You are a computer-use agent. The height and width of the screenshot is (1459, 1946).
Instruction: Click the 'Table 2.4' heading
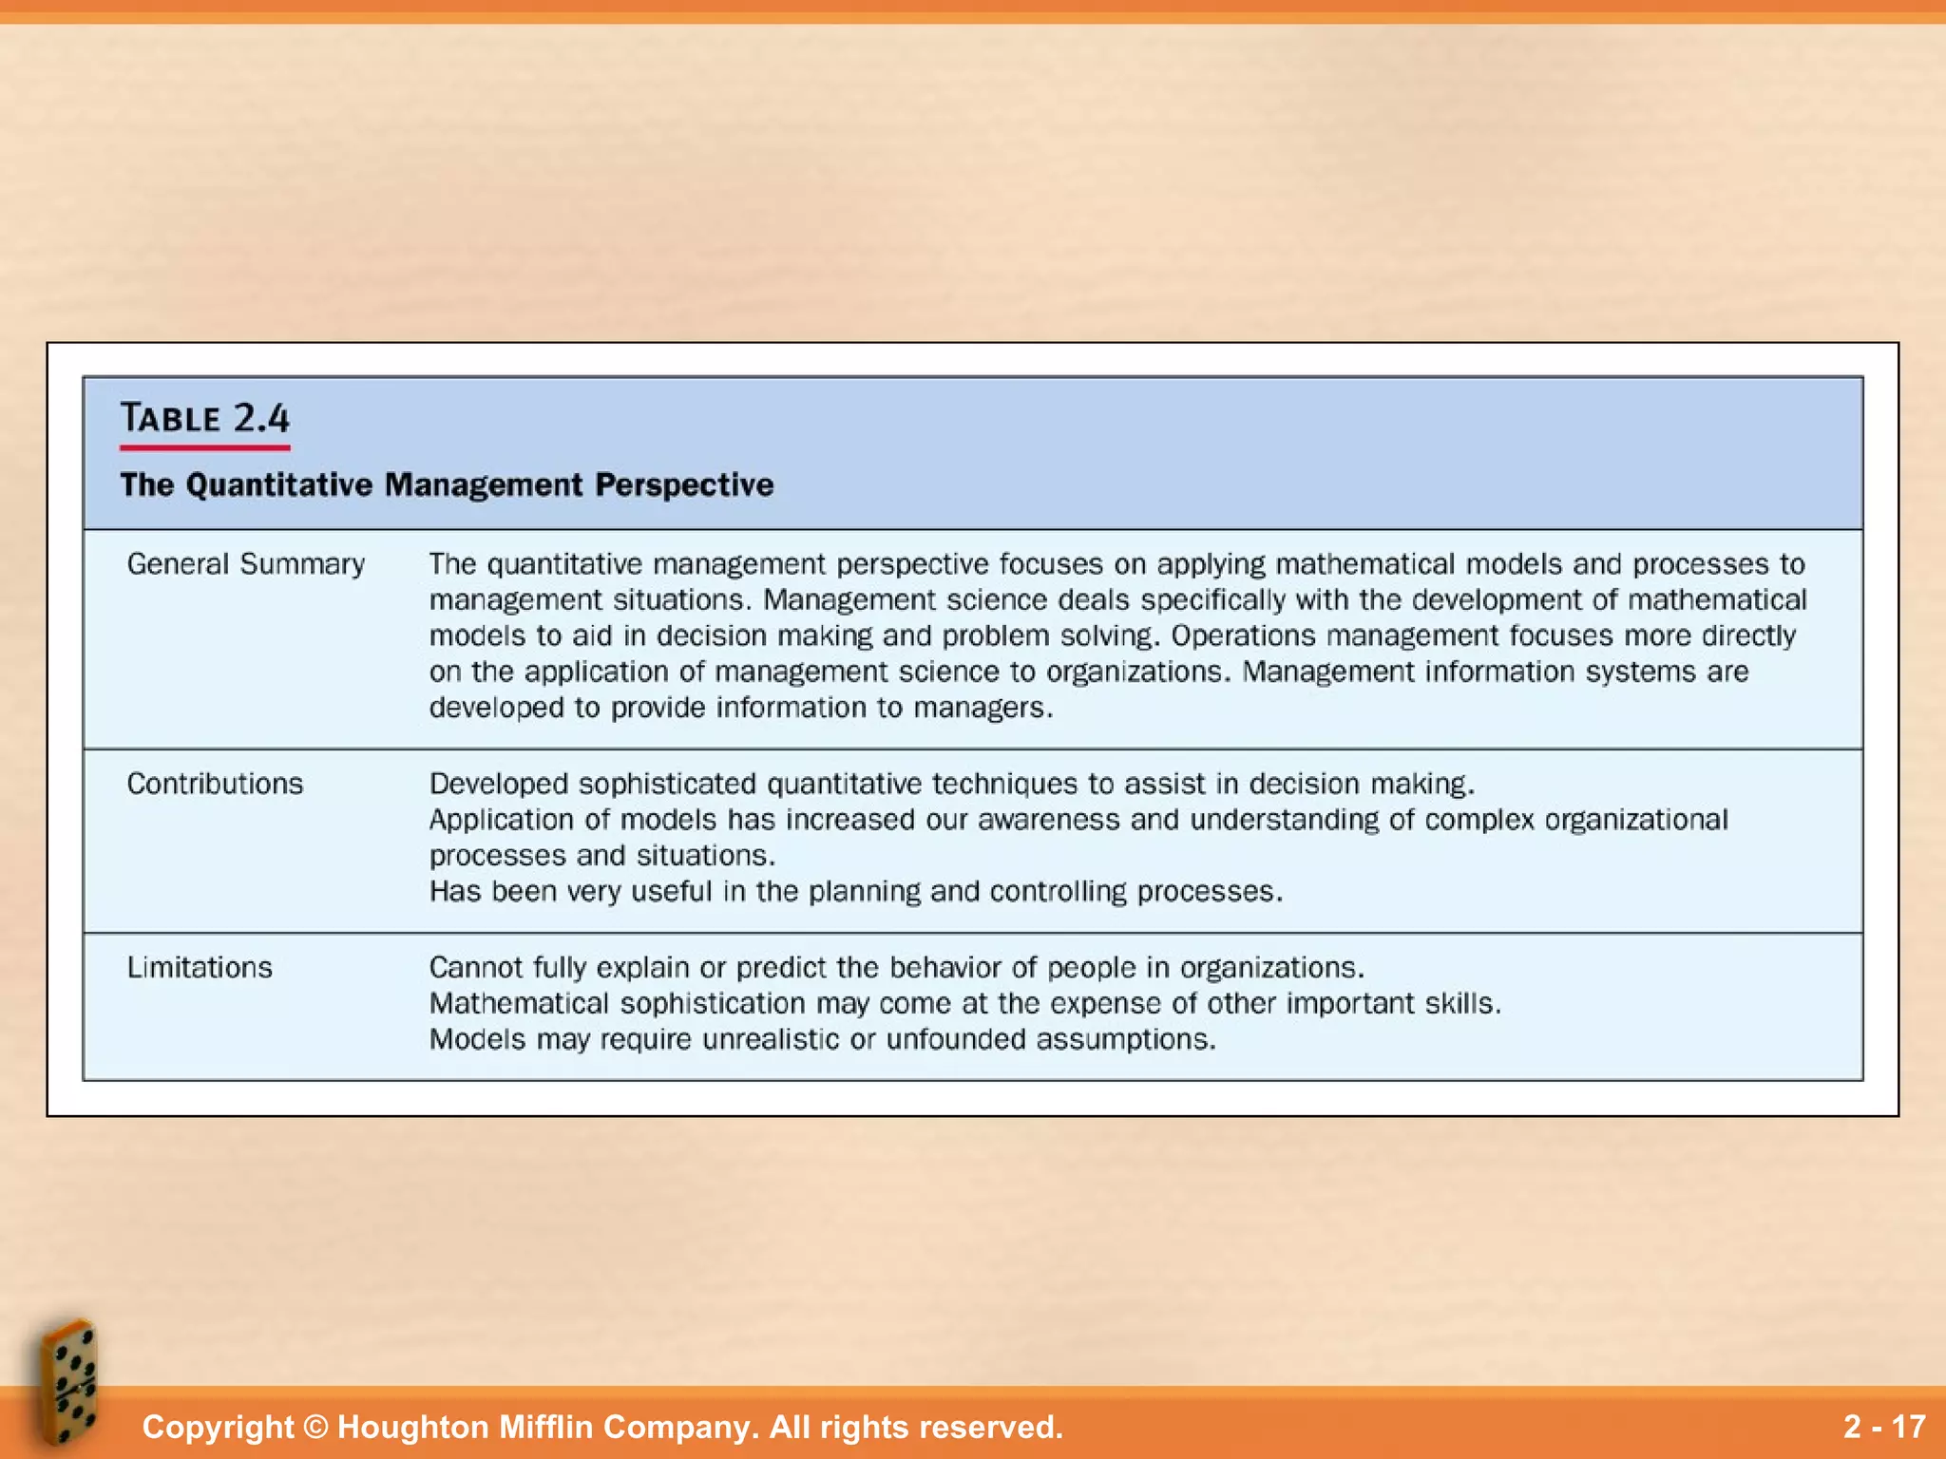click(x=204, y=418)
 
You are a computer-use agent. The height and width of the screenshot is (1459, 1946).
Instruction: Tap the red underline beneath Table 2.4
click(x=204, y=446)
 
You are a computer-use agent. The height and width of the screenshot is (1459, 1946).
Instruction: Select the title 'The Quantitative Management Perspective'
click(x=447, y=484)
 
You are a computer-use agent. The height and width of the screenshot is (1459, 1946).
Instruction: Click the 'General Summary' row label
click(x=246, y=564)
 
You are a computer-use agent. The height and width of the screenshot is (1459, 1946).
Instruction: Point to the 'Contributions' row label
click(x=216, y=784)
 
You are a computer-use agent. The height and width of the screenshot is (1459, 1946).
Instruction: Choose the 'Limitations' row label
click(x=200, y=967)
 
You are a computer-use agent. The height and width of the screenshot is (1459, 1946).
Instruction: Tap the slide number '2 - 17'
click(x=1884, y=1427)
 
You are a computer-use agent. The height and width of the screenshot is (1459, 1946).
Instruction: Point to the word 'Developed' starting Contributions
click(x=497, y=784)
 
